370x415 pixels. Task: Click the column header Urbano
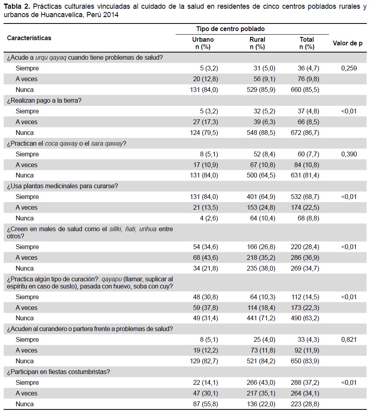(203, 40)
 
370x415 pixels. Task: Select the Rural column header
(257, 40)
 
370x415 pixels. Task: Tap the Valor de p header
(347, 43)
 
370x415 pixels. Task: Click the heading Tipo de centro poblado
(231, 29)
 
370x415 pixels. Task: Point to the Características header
(29, 38)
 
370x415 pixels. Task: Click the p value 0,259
(349, 68)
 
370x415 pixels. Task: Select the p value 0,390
(349, 154)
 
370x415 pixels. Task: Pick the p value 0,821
(349, 339)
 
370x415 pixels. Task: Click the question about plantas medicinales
(63, 186)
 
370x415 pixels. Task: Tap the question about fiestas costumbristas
(58, 372)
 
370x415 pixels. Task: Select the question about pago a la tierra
(44, 101)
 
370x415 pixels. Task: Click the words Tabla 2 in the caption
(17, 6)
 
